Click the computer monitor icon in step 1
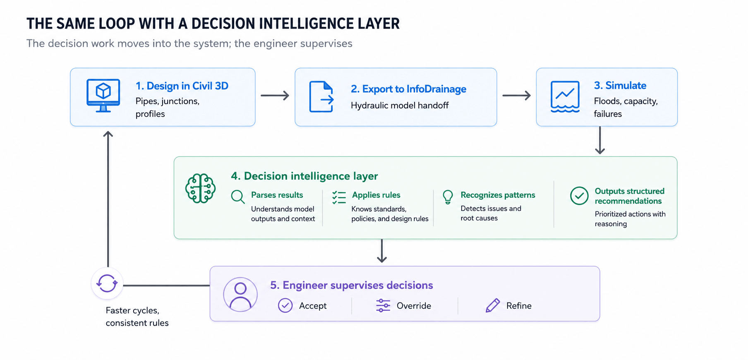point(103,96)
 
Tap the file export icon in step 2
point(321,97)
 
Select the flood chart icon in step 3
point(565,97)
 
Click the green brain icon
point(201,188)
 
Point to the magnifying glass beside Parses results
point(238,197)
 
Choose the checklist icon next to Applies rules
point(339,197)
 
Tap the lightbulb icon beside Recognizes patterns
point(448,197)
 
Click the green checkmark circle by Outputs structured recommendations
point(579,196)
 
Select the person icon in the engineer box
point(240,294)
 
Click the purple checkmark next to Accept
point(285,305)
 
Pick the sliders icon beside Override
point(383,305)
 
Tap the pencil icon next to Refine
point(493,305)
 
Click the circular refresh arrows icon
point(107,283)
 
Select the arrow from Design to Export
point(275,96)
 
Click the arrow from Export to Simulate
point(516,96)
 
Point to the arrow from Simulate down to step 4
point(600,140)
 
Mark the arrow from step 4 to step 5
point(382,251)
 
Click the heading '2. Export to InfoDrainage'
point(408,89)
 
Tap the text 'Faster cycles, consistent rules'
point(137,317)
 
